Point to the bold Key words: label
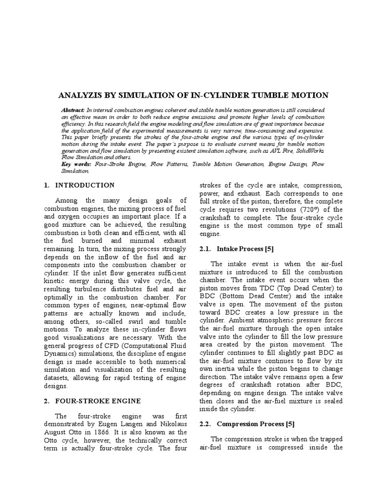[77, 164]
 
